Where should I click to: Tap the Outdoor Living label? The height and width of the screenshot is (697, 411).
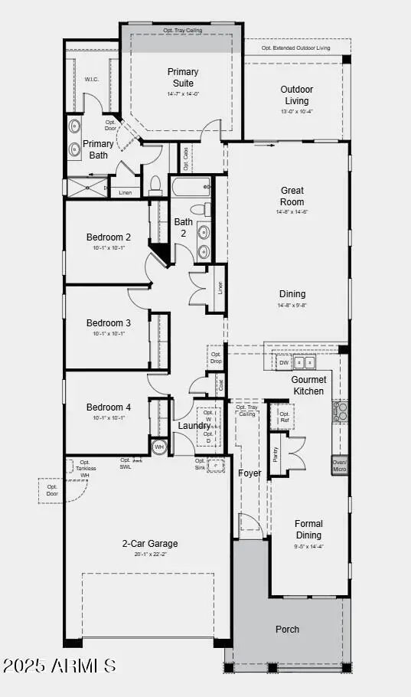(296, 95)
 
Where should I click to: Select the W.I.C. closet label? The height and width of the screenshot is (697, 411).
(91, 79)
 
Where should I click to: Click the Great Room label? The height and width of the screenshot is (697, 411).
(292, 196)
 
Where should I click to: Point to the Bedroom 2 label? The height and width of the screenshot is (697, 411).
(108, 237)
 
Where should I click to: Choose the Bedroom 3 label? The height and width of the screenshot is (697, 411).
(108, 323)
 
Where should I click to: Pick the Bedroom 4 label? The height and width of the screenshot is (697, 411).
(108, 407)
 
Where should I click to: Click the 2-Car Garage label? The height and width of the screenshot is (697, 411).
(150, 544)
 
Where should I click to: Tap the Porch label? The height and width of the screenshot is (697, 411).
(287, 629)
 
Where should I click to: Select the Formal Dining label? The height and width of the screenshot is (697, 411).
(308, 529)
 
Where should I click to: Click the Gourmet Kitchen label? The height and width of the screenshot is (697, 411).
(308, 385)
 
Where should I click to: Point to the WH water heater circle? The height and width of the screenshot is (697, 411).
(159, 447)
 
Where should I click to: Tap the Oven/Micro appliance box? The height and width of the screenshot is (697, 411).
(339, 466)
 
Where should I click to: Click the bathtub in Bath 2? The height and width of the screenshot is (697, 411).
(191, 186)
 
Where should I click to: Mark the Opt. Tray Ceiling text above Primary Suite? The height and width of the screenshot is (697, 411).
(181, 30)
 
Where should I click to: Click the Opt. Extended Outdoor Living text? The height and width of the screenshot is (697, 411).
(295, 47)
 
